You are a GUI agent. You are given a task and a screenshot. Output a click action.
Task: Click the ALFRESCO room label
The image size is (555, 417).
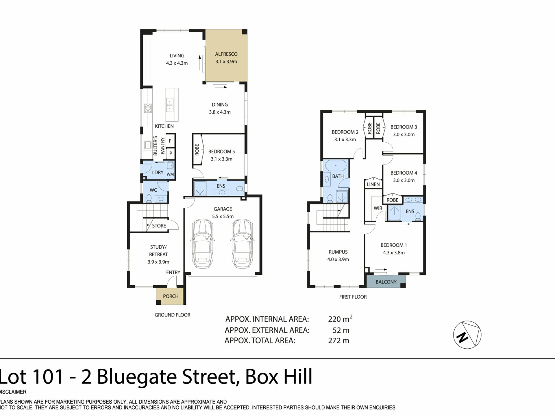226,54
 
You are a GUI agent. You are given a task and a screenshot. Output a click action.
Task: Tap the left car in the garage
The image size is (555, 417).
202,244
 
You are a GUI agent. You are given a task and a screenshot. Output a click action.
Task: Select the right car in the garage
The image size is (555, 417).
242,244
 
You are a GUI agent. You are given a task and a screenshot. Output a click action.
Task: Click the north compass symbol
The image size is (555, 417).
467,335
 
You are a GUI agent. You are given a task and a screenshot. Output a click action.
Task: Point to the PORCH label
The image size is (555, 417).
171,296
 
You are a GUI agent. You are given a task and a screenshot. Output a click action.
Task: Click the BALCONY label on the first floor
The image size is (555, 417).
386,282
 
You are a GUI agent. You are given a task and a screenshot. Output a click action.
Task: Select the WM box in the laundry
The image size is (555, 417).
170,174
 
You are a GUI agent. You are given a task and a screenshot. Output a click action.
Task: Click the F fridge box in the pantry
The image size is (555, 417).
170,141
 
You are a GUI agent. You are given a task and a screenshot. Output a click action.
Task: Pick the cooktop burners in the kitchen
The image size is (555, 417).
148,108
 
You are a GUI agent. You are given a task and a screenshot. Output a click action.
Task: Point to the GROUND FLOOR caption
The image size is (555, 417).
173,315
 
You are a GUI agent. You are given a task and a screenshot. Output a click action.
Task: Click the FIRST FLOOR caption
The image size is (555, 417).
353,297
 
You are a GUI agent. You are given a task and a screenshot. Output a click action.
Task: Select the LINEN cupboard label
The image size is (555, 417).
373,184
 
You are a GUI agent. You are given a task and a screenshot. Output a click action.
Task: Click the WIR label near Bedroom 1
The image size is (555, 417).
378,208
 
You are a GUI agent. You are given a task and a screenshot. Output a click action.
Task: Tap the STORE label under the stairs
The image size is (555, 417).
159,226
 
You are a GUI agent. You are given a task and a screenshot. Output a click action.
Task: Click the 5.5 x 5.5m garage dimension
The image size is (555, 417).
223,216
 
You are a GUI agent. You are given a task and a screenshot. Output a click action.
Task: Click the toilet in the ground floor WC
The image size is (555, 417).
149,198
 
